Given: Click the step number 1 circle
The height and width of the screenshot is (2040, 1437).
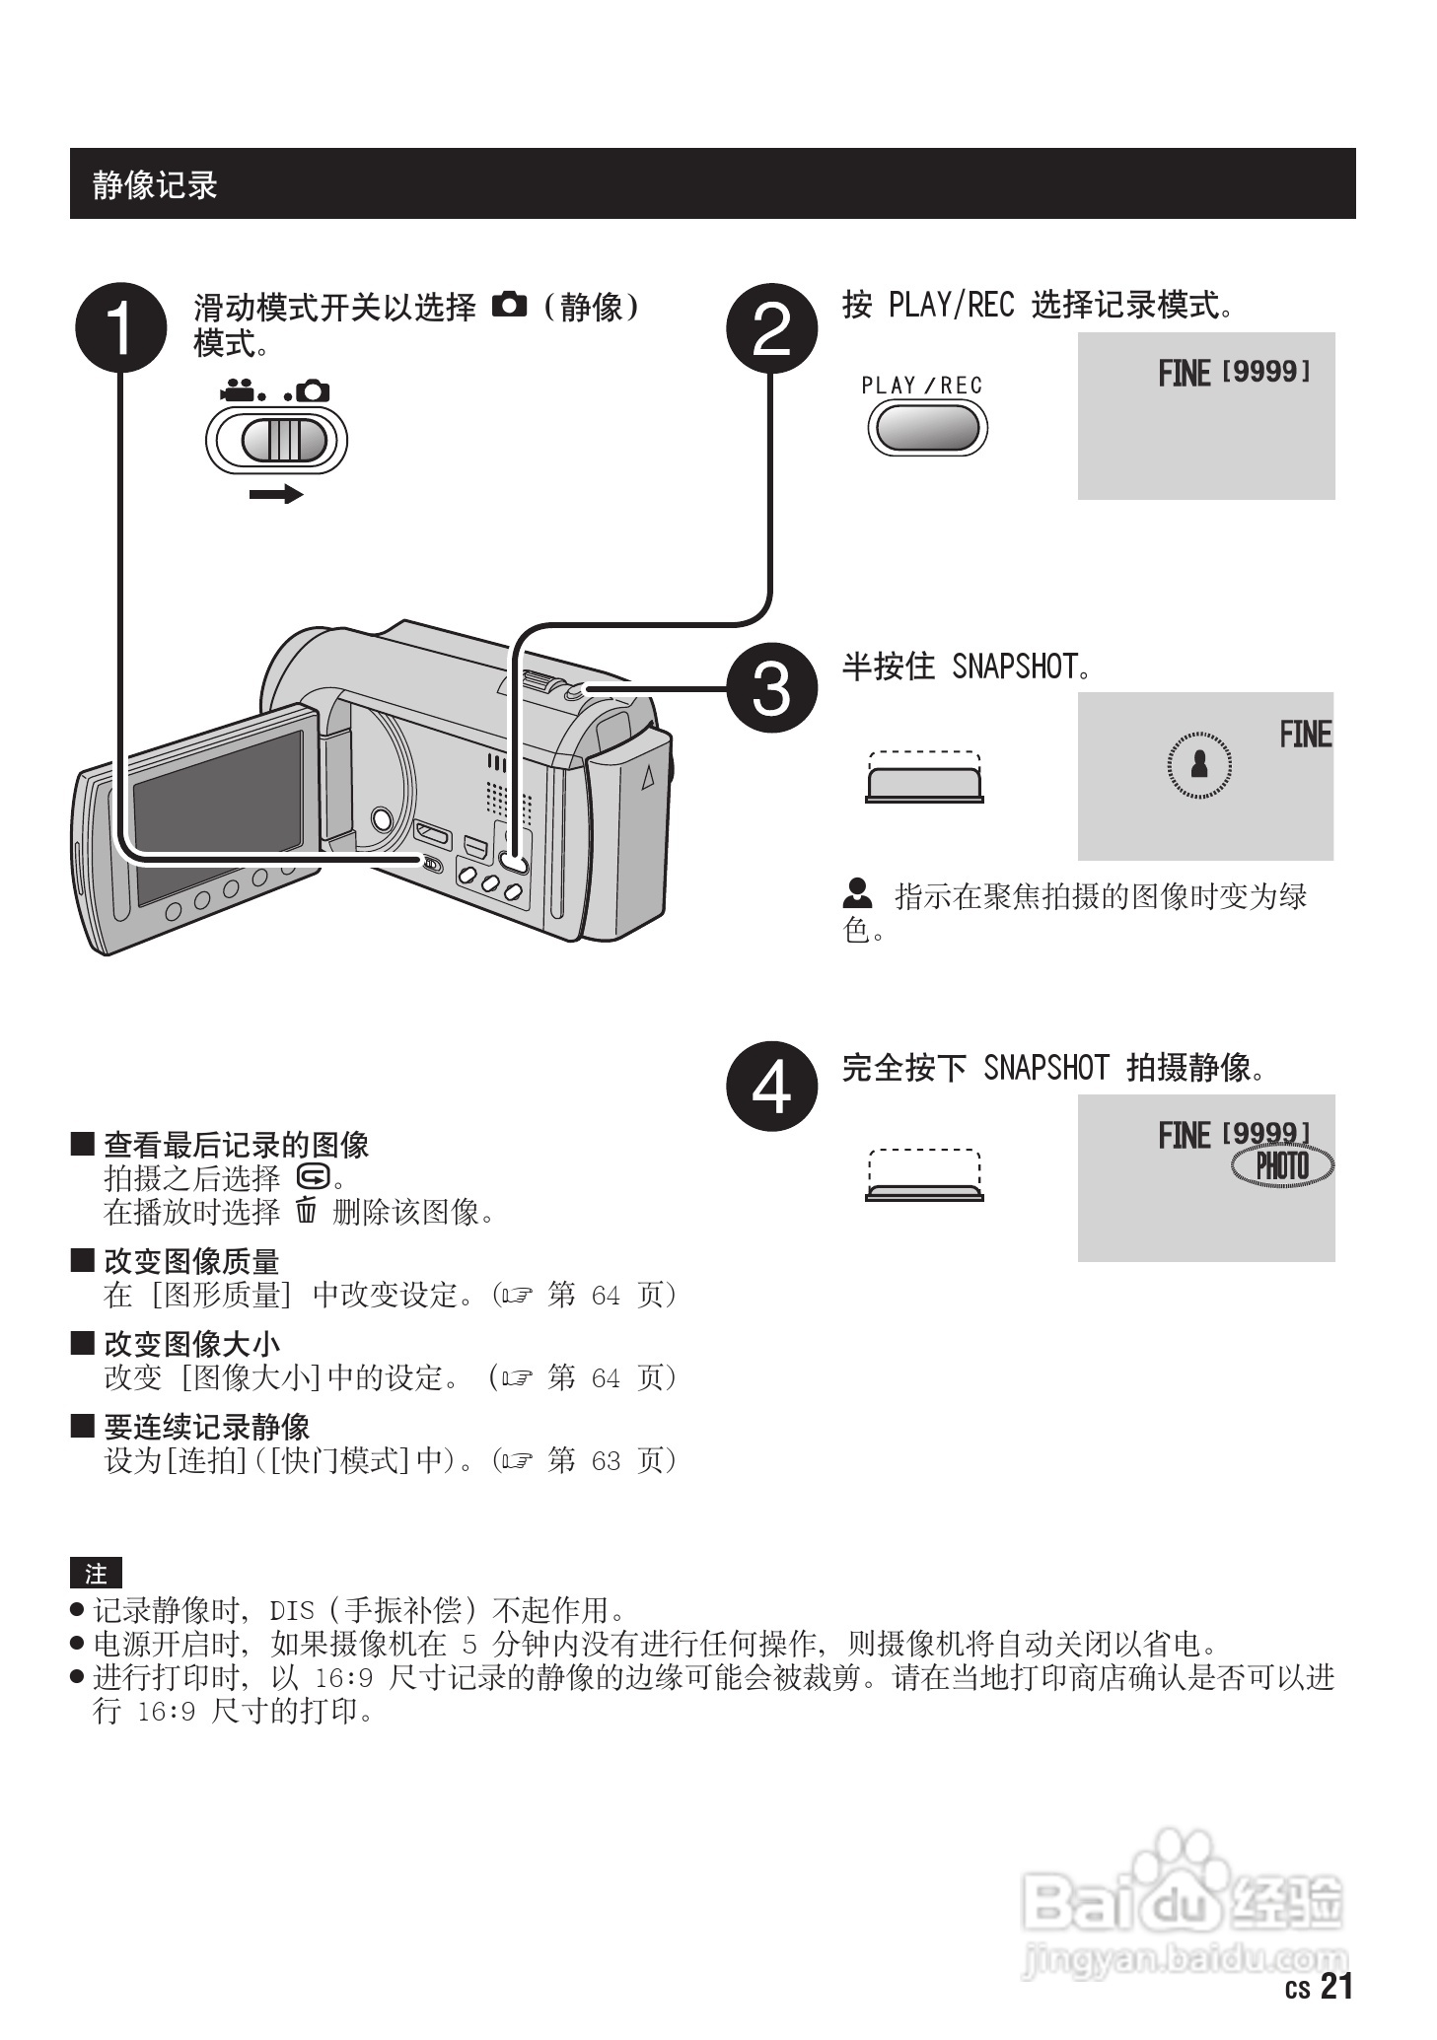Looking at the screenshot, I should [x=120, y=327].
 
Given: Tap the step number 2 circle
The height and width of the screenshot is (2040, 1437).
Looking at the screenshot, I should [x=771, y=327].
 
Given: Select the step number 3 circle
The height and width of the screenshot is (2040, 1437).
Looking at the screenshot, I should [x=771, y=687].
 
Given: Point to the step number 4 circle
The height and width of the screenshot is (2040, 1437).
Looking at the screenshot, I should [x=771, y=1086].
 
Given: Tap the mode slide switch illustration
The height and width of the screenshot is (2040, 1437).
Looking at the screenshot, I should [x=277, y=440].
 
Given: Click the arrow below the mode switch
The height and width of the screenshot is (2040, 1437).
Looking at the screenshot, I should [x=276, y=494].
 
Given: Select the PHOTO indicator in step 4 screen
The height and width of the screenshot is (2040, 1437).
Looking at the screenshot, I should [x=1282, y=1166].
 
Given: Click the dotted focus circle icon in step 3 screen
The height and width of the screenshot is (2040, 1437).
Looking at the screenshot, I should [x=1199, y=763].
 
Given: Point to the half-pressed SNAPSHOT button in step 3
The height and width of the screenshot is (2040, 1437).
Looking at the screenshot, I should [x=924, y=783].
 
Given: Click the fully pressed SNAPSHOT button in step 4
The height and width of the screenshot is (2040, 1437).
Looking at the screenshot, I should [x=924, y=1191].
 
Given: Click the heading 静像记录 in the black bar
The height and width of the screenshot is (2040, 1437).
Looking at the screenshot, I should [x=155, y=184].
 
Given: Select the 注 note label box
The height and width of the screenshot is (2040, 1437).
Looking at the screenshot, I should [x=96, y=1574].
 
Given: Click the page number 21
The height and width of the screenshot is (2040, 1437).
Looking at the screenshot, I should [x=1335, y=1986].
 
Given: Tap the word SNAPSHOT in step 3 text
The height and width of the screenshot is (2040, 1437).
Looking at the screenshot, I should [x=1015, y=668].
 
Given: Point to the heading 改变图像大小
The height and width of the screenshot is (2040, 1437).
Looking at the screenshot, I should [x=191, y=1344].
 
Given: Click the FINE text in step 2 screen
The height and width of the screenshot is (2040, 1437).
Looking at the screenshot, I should [x=1184, y=374].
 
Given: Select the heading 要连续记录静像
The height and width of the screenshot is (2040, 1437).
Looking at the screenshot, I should [x=206, y=1427].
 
